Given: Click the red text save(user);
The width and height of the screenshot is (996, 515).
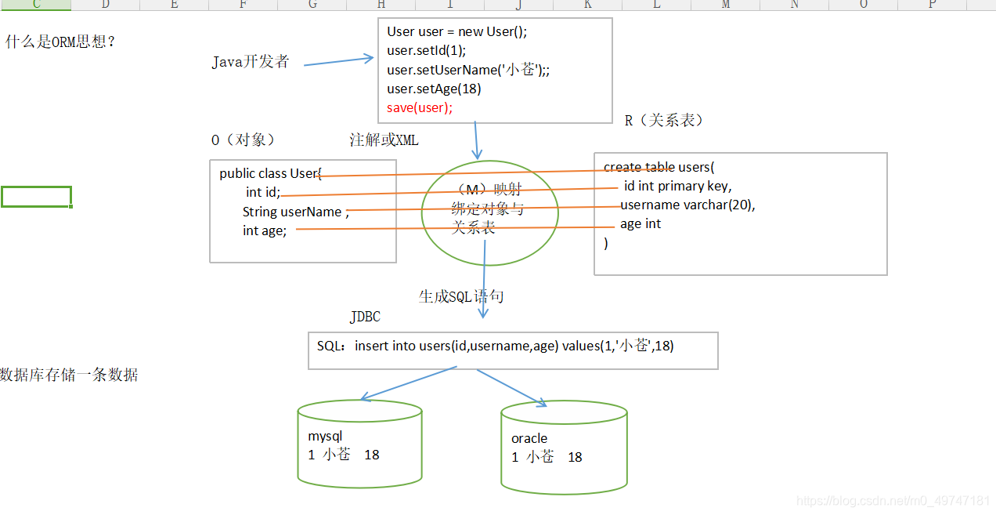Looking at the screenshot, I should click(420, 108).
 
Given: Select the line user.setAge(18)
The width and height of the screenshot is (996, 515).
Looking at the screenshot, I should click(434, 89).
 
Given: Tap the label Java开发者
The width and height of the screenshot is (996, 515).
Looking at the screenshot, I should click(251, 62).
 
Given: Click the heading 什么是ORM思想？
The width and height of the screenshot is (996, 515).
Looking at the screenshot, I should click(61, 42).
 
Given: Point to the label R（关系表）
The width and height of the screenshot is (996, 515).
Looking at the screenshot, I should click(664, 120).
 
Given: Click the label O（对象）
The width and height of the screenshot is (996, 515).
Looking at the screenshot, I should click(243, 140).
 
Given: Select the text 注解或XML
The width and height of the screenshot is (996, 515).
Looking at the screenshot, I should click(384, 140).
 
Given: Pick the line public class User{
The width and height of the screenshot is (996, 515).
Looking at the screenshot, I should click(270, 173).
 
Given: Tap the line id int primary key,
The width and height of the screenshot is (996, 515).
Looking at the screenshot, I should click(677, 186).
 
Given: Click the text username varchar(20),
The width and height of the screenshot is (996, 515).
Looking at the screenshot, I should click(687, 205).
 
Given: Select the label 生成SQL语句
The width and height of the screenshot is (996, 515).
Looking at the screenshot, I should click(461, 296).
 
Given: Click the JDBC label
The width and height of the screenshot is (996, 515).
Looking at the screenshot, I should click(365, 317).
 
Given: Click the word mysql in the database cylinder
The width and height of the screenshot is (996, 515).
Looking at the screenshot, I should click(325, 436).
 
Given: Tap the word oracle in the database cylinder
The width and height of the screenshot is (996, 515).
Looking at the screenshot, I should click(529, 438).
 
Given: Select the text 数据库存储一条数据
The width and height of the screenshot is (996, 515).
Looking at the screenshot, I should click(69, 375).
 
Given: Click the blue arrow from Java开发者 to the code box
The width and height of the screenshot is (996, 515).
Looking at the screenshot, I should click(338, 61).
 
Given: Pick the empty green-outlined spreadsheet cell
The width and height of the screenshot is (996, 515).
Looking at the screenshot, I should click(36, 197).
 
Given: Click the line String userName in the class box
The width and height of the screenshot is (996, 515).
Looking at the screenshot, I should click(291, 212).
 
